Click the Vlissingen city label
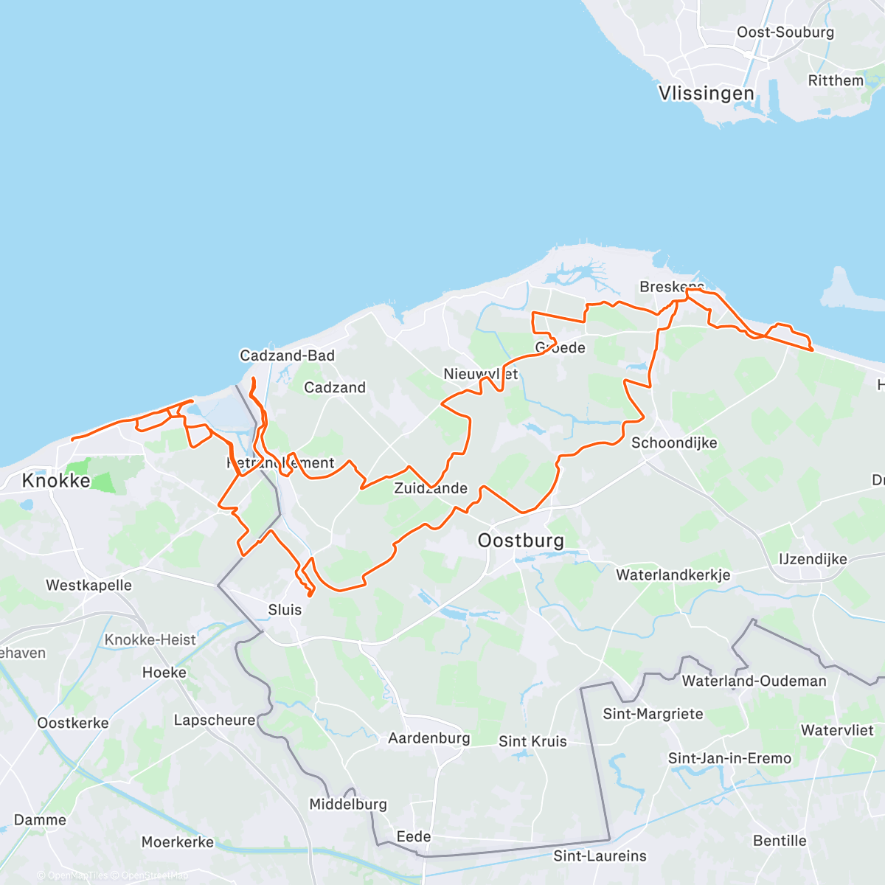click(x=706, y=94)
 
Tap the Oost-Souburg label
click(x=785, y=32)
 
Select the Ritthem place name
click(x=835, y=80)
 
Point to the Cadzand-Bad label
click(x=287, y=355)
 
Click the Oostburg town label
click(x=521, y=541)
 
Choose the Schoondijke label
click(x=674, y=442)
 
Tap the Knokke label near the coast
click(x=56, y=481)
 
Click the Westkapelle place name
click(x=88, y=586)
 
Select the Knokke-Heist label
click(x=150, y=639)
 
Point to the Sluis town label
click(x=285, y=610)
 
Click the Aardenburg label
click(x=428, y=738)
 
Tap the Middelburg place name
click(x=347, y=804)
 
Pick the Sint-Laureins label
click(x=600, y=855)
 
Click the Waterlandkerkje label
click(x=673, y=575)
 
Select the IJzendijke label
click(x=813, y=559)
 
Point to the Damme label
click(x=40, y=820)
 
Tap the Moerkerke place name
click(x=177, y=842)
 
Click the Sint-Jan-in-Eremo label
click(x=729, y=758)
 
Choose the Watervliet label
click(x=837, y=730)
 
